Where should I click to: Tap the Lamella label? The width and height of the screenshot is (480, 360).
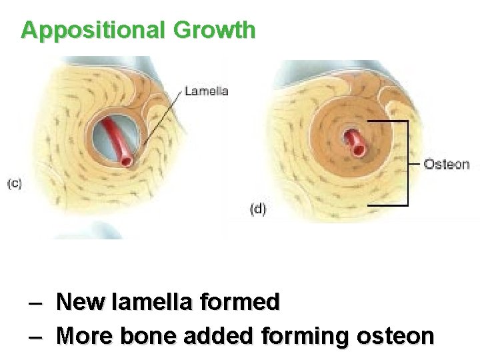(x=207, y=91)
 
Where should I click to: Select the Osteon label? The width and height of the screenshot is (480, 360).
(x=447, y=164)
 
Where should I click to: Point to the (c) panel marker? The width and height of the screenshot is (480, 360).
(x=15, y=184)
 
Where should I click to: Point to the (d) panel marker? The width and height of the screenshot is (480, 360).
(x=258, y=209)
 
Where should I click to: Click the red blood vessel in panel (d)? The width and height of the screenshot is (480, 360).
(x=354, y=142)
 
